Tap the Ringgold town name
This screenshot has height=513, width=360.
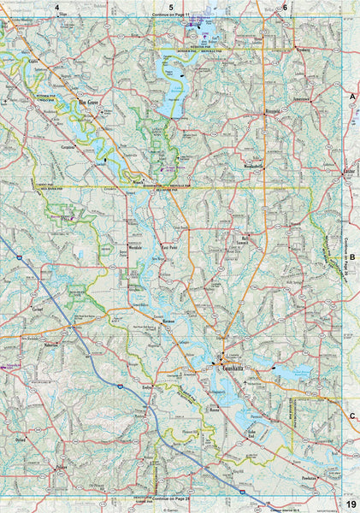(x=249, y=109)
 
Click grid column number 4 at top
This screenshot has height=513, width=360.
(x=57, y=7)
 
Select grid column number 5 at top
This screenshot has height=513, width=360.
(x=171, y=7)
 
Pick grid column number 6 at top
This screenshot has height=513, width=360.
(x=285, y=7)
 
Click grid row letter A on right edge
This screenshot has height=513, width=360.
(x=351, y=99)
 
